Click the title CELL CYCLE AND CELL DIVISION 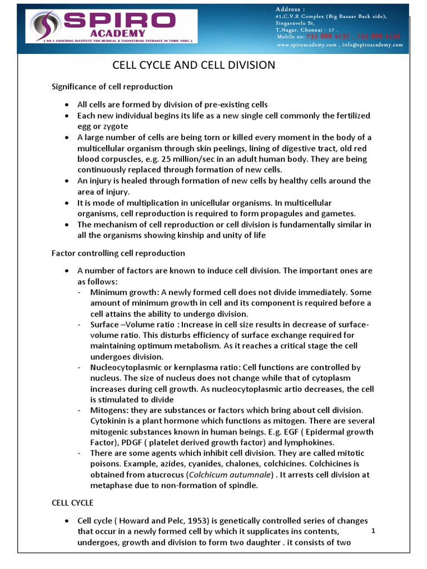tap(194, 66)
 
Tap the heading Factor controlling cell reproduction tap(118, 253)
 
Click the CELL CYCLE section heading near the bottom tap(72, 502)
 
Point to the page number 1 tap(374, 531)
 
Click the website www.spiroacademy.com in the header tap(309, 45)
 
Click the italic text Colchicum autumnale tap(229, 475)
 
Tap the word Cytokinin tap(108, 421)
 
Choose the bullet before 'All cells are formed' tap(67, 105)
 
